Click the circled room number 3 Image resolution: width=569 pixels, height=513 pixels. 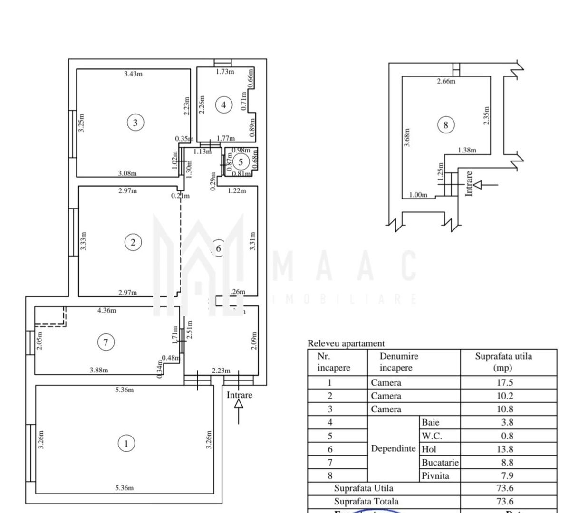135,123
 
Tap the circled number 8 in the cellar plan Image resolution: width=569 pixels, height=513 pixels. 445,125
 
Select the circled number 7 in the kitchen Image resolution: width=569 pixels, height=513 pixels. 106,342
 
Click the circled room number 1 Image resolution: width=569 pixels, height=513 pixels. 126,444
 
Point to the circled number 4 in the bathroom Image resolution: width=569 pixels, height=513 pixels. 224,104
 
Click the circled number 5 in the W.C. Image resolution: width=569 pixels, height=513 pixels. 241,162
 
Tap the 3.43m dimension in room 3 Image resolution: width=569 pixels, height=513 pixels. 133,74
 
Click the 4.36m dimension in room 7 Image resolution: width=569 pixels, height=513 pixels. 106,311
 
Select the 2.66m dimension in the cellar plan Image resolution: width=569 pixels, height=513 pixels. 446,81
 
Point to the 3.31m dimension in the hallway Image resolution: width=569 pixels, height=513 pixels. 252,241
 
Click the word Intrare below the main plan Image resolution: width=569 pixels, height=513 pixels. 239,395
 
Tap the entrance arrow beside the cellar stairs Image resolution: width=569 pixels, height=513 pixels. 485,184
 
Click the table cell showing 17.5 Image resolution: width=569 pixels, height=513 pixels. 503,382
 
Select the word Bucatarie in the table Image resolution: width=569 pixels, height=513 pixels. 440,462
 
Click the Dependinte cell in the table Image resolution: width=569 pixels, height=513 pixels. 393,448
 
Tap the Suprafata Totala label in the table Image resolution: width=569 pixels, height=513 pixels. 366,501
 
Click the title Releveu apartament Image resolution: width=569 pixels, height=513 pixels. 346,343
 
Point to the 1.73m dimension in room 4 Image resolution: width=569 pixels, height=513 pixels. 225,72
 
